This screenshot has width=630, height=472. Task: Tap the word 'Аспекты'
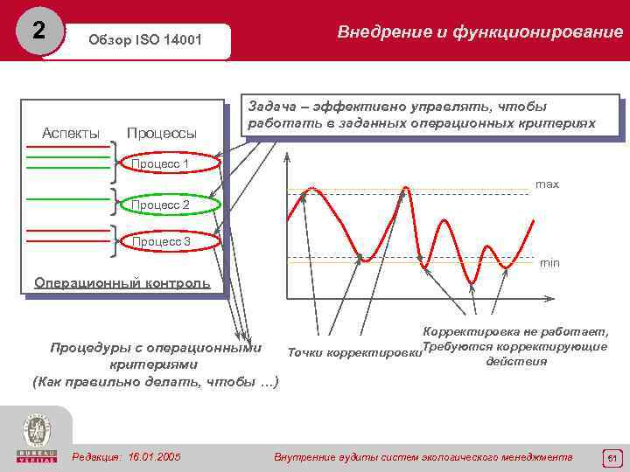[x=71, y=133]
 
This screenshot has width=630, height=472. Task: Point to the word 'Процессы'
[x=162, y=133]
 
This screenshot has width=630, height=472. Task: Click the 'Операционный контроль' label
[x=122, y=282]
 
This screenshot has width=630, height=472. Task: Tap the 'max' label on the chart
[x=547, y=184]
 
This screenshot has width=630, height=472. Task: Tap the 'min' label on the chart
[x=549, y=262]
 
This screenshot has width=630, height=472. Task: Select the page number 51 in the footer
[x=612, y=457]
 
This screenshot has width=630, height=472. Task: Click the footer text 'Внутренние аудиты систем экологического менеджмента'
[x=423, y=457]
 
